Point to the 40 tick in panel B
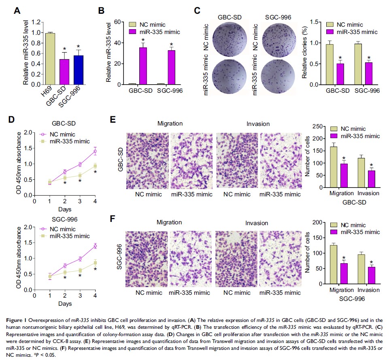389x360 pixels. tap(120, 43)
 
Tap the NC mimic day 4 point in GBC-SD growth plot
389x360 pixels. tap(95, 151)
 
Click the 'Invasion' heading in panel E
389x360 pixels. tap(258, 124)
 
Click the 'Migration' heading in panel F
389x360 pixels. tap(170, 222)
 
